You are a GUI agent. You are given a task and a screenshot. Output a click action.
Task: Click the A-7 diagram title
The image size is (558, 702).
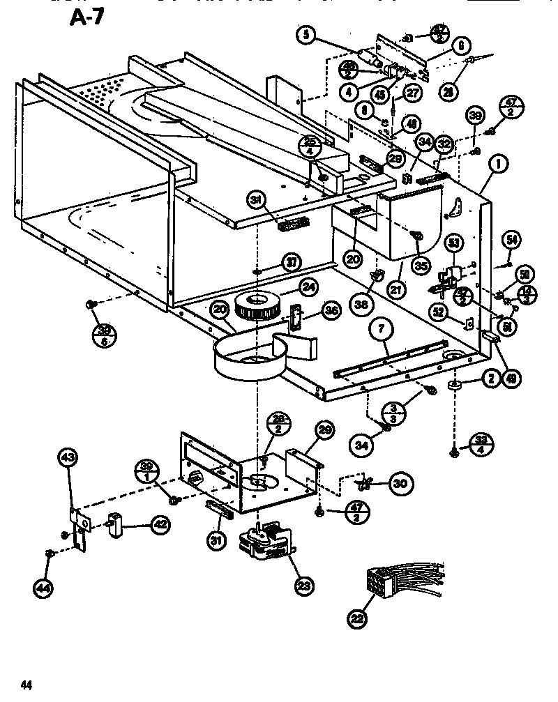[x=86, y=17]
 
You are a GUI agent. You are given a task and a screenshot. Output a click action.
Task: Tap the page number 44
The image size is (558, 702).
[x=27, y=684]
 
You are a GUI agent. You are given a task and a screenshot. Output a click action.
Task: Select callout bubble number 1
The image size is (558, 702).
[x=497, y=165]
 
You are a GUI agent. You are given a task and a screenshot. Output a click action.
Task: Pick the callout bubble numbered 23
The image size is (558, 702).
[x=303, y=586]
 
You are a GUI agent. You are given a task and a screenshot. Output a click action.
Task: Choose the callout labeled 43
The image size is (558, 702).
[x=67, y=457]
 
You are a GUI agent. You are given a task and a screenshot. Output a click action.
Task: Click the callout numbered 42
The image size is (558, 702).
[x=160, y=524]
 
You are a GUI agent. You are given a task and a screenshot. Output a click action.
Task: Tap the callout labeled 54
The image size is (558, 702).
[x=512, y=240]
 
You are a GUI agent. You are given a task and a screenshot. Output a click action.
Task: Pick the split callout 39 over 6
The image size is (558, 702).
[x=104, y=335]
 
